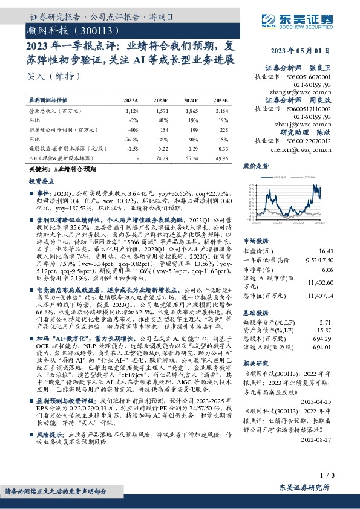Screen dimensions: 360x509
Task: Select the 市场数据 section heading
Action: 255,240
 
